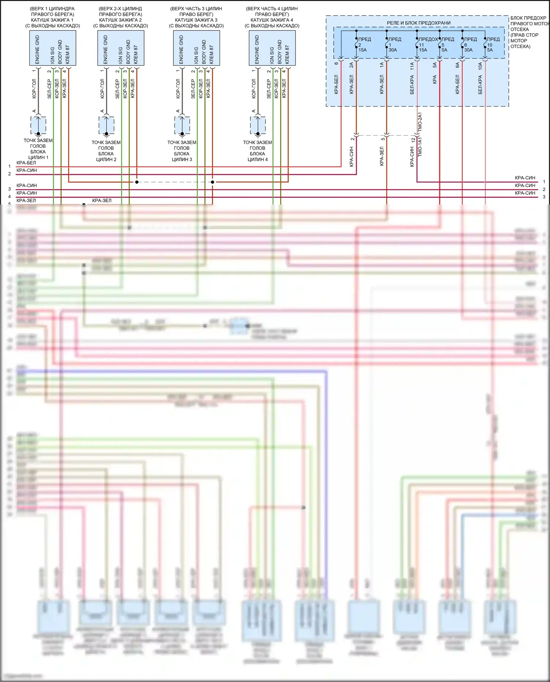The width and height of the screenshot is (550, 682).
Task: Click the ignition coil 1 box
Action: pos(52,48)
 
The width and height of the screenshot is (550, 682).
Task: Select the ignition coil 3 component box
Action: pos(196,48)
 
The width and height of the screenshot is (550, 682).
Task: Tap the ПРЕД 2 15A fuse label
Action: pos(363,44)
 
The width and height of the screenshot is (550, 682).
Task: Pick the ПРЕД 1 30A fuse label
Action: pos(394,44)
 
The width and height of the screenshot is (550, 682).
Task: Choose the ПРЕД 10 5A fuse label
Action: pos(492,44)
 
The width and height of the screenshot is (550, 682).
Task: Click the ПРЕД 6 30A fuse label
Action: pos(470,44)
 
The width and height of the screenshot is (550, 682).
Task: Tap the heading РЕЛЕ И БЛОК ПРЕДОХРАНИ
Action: pos(418,23)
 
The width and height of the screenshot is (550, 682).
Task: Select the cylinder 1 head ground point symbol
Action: pos(38,125)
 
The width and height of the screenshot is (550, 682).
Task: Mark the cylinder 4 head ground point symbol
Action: pos(258,125)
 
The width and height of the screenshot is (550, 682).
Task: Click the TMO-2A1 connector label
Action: pos(420,122)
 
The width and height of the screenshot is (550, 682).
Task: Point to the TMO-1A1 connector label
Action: pos(420,147)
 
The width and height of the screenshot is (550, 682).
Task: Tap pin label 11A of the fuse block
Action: pos(412,66)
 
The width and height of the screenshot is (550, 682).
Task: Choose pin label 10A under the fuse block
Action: pos(480,66)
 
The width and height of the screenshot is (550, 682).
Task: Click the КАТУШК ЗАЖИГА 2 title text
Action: pos(120,20)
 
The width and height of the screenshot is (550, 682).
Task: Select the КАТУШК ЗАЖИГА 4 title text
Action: pos(272,20)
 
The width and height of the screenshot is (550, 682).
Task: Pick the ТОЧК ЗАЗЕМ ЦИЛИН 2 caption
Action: pos(106,151)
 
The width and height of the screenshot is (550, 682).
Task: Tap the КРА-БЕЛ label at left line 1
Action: pos(26,163)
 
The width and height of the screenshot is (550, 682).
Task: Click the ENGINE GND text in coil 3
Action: pos(181,49)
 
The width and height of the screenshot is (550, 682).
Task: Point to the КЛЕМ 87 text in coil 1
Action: pos(67,55)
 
